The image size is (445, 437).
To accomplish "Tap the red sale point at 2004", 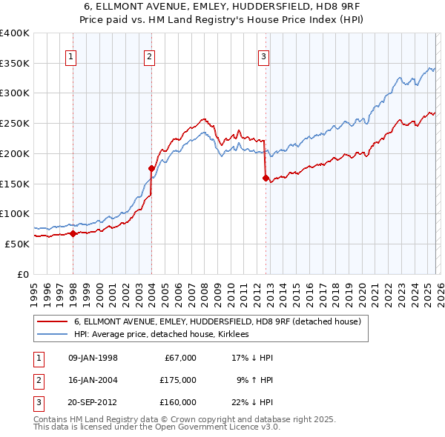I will pos(151,168).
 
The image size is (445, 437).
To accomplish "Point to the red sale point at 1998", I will pos(73,233).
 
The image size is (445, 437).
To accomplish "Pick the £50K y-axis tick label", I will pos(17,244).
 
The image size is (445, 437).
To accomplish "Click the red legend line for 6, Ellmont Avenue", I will pos(52,321).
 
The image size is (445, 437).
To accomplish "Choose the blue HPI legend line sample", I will pos(52,334).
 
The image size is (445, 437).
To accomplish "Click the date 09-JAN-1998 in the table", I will pos(93,358).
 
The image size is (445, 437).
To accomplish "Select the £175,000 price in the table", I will pos(177,380).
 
